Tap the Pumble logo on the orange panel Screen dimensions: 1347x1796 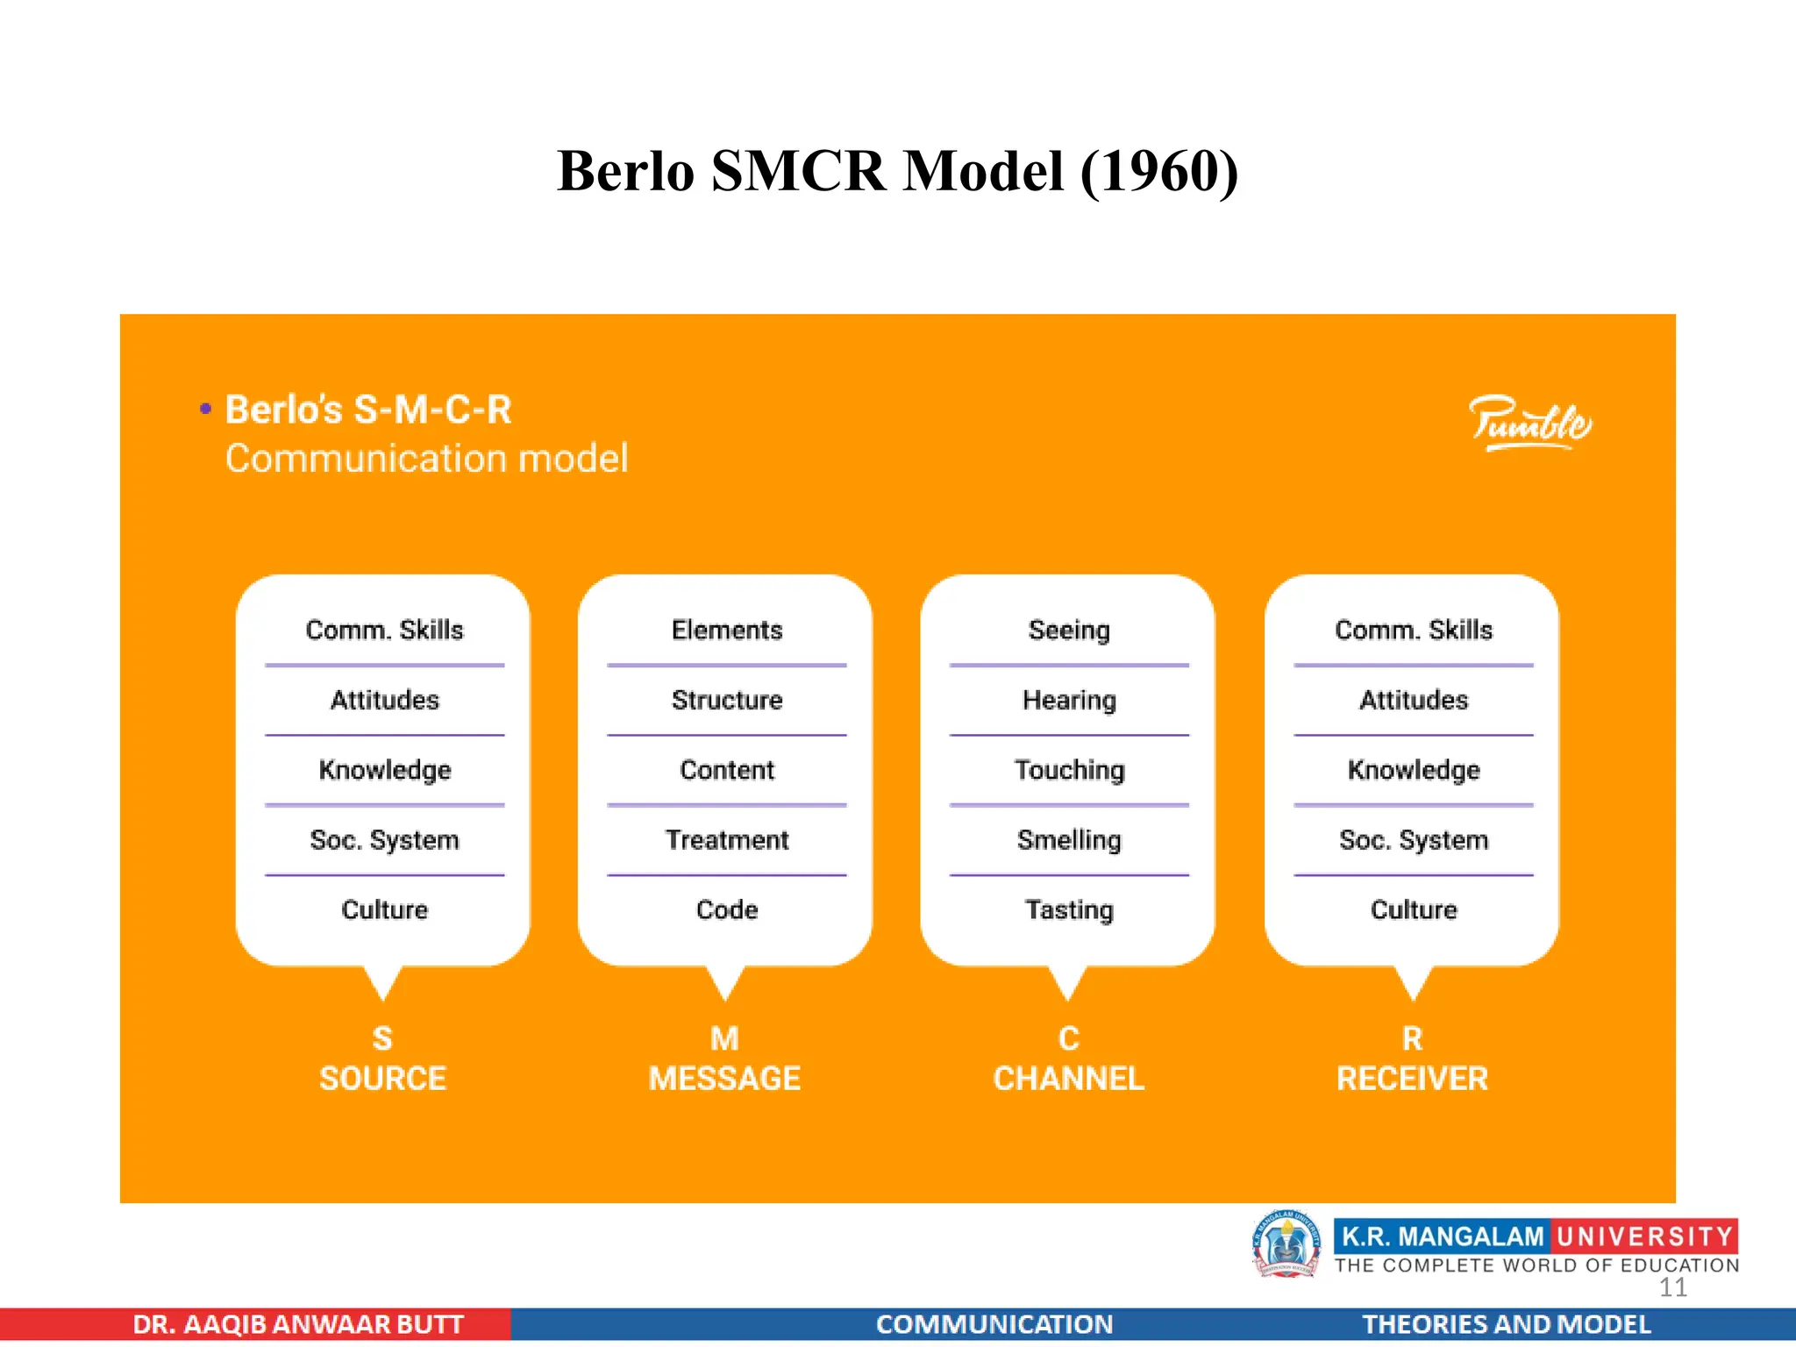pos(1529,424)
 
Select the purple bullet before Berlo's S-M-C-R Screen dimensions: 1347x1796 pos(205,409)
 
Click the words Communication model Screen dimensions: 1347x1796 pos(426,459)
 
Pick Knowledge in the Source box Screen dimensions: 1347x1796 pos(384,770)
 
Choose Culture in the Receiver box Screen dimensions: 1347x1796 pos(1413,909)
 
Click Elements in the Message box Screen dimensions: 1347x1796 pos(726,630)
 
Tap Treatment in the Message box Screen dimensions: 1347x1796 pos(726,840)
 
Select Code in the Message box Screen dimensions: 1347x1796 pos(726,909)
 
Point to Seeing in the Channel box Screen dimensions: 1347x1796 pos(1068,630)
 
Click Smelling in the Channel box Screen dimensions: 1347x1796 pos(1068,840)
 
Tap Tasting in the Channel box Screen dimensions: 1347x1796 pos(1068,909)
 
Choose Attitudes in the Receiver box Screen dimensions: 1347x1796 pos(1413,700)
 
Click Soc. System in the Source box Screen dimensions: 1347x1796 pos(384,840)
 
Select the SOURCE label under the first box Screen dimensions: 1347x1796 pos(382,1078)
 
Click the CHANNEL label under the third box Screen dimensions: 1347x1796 pos(1068,1078)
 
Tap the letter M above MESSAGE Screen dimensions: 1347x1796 pos(724,1038)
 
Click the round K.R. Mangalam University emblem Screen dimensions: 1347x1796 pos(1286,1244)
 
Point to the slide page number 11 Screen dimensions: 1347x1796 pos(1672,1287)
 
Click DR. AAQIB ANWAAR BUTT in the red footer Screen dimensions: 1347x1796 pos(298,1324)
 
